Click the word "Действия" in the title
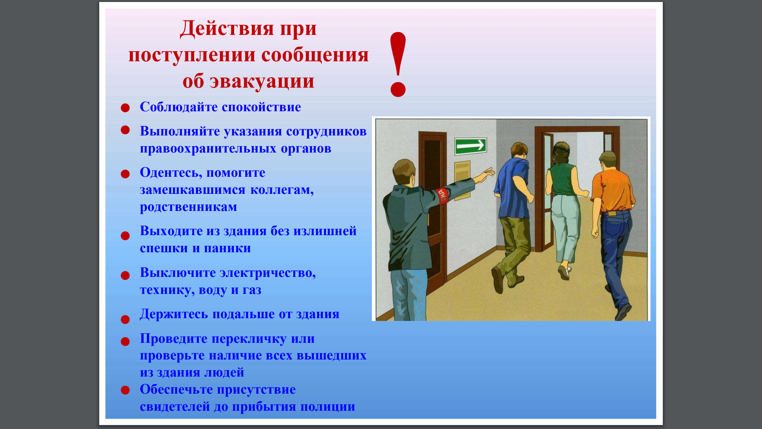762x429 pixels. click(x=227, y=29)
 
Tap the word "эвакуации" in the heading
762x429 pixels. click(x=262, y=81)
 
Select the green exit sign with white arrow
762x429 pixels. click(x=471, y=146)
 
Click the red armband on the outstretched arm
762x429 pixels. click(x=442, y=195)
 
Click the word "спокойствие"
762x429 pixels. click(x=261, y=107)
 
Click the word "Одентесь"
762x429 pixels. click(x=170, y=173)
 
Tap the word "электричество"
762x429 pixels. click(x=267, y=273)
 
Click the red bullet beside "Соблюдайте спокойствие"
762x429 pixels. click(x=125, y=108)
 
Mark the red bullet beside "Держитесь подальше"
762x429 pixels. click(x=125, y=319)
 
